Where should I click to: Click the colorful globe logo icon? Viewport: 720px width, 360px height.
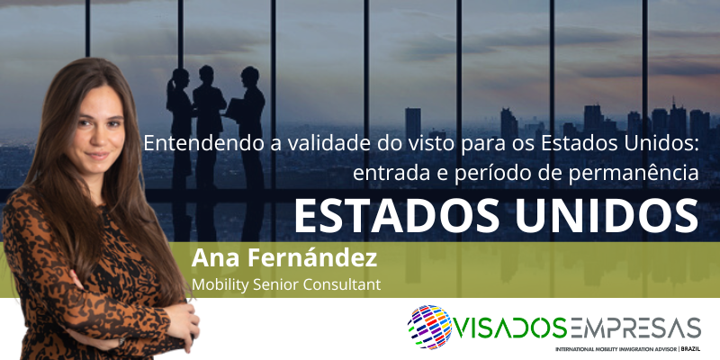click(430, 327)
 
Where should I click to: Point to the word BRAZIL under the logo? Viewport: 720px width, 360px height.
click(691, 349)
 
